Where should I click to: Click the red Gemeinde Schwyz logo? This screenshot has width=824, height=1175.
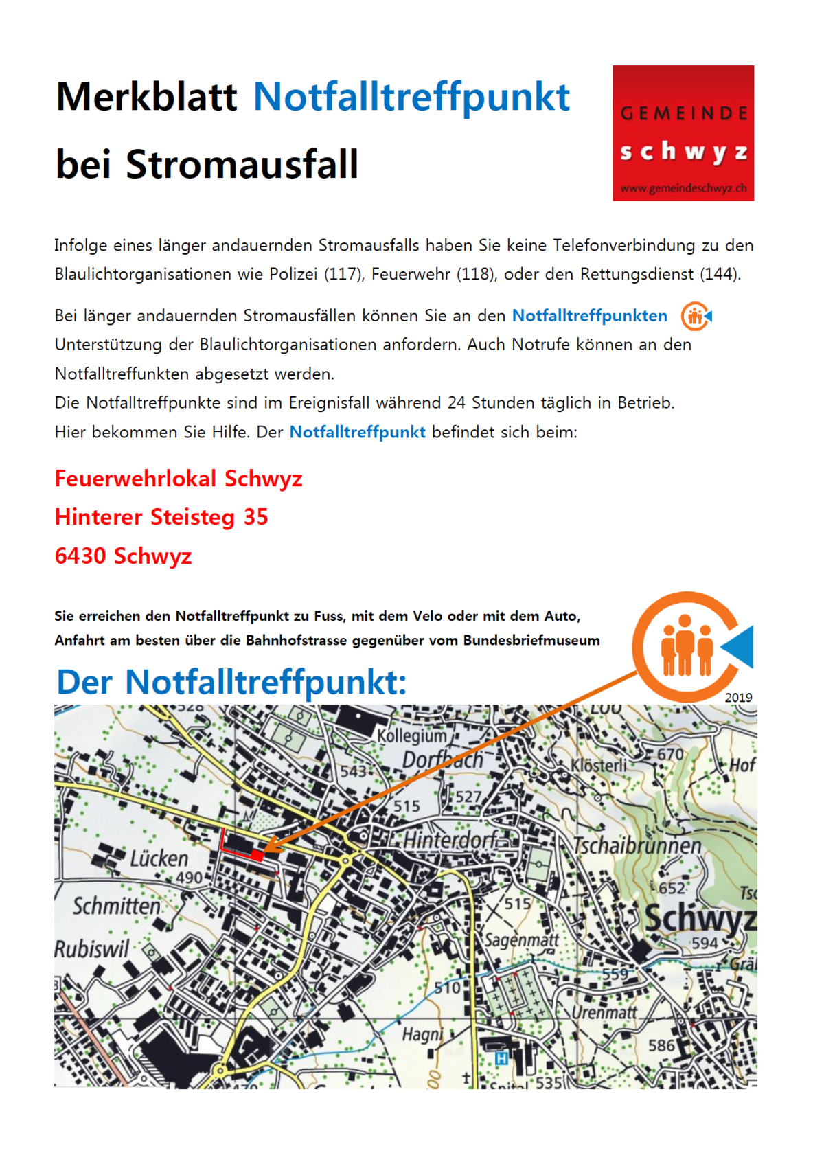[x=683, y=133]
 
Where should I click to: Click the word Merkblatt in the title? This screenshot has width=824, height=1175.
[x=146, y=97]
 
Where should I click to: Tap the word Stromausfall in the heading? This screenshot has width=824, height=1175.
[x=242, y=165]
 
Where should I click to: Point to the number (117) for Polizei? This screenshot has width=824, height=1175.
[x=345, y=275]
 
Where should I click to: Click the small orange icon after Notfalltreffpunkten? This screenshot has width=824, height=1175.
[x=696, y=317]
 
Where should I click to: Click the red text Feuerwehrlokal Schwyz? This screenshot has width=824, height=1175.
[x=179, y=479]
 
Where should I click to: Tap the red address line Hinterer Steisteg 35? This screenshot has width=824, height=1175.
[x=161, y=517]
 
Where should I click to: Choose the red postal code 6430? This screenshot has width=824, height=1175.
[x=81, y=556]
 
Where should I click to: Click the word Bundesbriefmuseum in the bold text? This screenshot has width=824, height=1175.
[x=531, y=641]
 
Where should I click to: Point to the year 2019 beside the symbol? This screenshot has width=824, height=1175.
[x=738, y=698]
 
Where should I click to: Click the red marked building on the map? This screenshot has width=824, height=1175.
[x=257, y=855]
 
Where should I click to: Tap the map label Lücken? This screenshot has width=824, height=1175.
[x=159, y=858]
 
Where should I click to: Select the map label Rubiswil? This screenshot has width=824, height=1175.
[x=91, y=949]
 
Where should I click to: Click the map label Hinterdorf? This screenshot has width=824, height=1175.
[x=450, y=840]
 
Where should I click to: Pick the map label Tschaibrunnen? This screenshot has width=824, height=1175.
[x=637, y=845]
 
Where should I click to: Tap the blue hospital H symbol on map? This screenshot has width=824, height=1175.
[x=501, y=1058]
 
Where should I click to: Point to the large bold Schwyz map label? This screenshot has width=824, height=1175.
[x=700, y=917]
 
